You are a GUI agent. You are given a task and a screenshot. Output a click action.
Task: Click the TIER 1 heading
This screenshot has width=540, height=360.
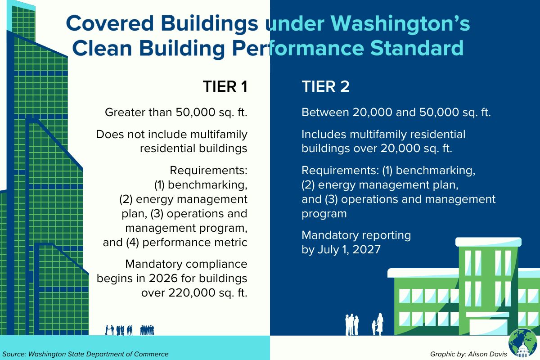(x=225, y=86)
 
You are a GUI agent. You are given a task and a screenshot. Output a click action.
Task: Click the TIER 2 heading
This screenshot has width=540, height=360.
(x=325, y=86)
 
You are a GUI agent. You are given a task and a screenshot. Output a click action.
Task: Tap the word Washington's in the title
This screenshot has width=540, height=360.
(x=400, y=23)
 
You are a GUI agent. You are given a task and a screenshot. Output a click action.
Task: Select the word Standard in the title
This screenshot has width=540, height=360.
(x=417, y=48)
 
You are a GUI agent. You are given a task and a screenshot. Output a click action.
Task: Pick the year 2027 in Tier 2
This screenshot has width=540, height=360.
(x=366, y=249)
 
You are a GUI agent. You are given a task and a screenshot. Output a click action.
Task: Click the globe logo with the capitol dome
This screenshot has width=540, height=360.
(x=522, y=343)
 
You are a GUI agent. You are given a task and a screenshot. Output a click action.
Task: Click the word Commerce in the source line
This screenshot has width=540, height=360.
(x=151, y=354)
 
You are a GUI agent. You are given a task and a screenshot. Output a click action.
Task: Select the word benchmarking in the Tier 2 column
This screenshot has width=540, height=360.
(x=436, y=171)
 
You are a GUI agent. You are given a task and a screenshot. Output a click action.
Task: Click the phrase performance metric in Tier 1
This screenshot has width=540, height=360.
(x=195, y=243)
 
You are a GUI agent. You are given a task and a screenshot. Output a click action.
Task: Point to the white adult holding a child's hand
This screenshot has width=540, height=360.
(x=380, y=324)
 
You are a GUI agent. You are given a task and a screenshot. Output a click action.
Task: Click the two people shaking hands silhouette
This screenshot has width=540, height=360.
(x=109, y=330)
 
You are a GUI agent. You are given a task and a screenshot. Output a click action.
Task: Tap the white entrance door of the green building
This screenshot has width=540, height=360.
(x=489, y=327)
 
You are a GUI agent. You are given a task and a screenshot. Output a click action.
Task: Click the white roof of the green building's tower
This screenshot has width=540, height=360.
(x=488, y=242)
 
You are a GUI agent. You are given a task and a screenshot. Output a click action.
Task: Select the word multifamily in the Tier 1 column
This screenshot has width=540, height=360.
(x=219, y=135)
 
